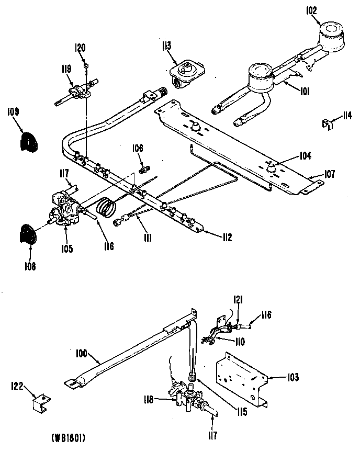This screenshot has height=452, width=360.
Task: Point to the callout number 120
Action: click(80, 48)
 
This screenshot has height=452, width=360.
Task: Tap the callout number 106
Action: click(138, 148)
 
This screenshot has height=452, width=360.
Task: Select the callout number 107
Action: click(329, 174)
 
